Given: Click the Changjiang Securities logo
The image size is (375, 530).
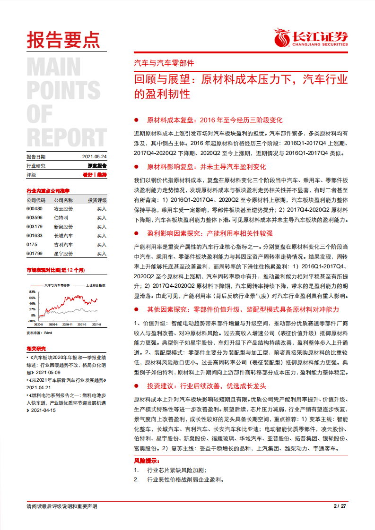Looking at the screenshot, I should tap(311, 38).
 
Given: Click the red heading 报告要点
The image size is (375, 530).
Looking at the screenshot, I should tap(63, 40).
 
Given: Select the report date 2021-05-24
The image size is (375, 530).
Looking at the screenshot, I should tap(95, 156).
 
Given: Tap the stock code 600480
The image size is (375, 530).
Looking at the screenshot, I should tap(35, 208).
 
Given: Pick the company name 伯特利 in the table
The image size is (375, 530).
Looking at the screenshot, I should tap(61, 218).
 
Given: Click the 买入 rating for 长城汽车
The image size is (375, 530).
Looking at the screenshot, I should tap(102, 236).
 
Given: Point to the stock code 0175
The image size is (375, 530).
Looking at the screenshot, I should tap(31, 245).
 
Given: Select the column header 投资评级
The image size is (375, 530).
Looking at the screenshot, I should tap(97, 200).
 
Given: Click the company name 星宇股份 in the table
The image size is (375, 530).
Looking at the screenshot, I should tap(63, 254).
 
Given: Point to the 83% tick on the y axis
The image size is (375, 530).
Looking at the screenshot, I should tap(32, 292).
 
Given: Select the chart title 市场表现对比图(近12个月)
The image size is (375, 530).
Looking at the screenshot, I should tap(55, 270).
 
